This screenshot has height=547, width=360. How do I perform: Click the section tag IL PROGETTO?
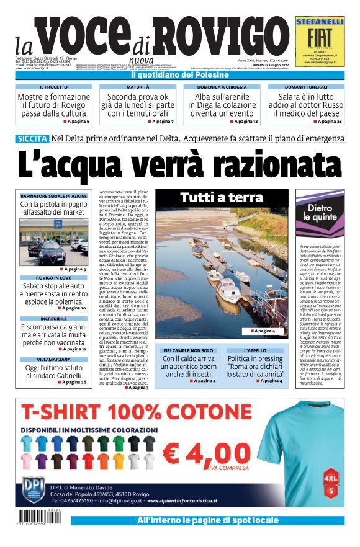tap(53, 87)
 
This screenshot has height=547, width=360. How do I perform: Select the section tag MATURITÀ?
tap(137, 87)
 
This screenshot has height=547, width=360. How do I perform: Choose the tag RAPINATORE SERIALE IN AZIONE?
tap(53, 196)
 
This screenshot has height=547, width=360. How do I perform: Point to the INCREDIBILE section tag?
tap(53, 318)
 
